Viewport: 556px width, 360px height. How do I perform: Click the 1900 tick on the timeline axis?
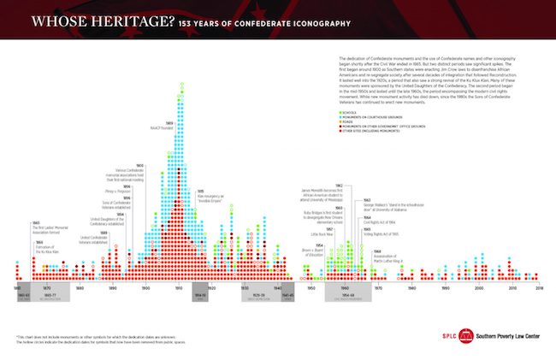(146, 287)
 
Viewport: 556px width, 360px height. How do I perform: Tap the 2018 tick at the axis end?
(540, 287)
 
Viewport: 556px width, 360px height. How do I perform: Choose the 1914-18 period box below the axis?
(199, 296)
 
